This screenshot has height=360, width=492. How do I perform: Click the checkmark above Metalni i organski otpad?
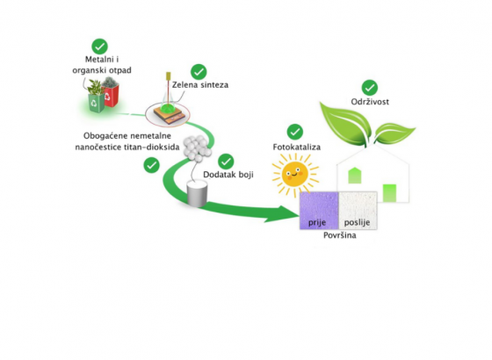[100, 47]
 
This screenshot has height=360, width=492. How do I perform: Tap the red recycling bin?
[111, 95]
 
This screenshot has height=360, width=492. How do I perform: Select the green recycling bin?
[97, 101]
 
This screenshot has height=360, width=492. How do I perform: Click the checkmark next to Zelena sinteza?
[199, 72]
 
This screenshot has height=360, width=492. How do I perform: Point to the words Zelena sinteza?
[200, 85]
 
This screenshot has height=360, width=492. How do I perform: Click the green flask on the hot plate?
[168, 106]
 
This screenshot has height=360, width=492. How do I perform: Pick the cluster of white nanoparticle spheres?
[198, 148]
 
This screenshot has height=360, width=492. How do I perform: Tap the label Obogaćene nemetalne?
[127, 136]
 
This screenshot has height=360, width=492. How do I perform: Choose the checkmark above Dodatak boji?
[226, 162]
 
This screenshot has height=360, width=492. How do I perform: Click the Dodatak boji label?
[228, 175]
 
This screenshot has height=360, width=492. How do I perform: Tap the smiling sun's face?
[295, 174]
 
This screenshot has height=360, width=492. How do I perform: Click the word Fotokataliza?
[297, 148]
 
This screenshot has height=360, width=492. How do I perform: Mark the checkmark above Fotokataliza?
[295, 132]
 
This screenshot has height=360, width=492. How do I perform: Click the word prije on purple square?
[317, 223]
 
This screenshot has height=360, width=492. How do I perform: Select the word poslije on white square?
[357, 223]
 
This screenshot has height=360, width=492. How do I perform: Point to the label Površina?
[339, 235]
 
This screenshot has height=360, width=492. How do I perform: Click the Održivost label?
[370, 102]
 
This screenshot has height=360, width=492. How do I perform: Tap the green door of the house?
[389, 193]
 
